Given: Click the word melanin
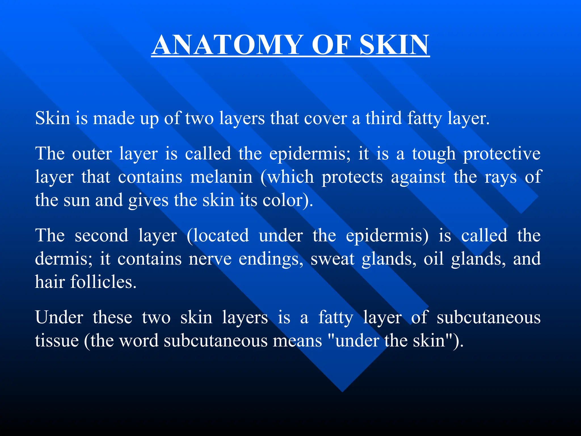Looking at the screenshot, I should pos(221,177).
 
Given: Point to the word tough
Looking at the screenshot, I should pos(434,154).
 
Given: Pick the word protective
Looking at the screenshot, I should pos(502,154).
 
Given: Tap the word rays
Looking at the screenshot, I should pos(500,178).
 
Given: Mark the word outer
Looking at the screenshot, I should pos(92,154).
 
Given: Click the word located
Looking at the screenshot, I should pos(218,236).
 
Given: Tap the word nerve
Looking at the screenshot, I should pos(210,259).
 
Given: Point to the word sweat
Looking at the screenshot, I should pos(332,259).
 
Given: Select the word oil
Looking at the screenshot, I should pos(434,259).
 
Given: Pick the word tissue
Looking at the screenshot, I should pos(57,341).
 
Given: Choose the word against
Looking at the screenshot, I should pos(419,178).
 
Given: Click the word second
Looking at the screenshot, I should pos(102,236).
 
